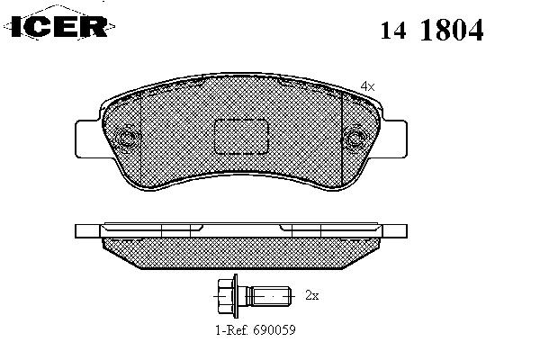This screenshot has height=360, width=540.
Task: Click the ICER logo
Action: (x=59, y=26)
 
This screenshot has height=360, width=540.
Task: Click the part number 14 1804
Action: (x=432, y=30)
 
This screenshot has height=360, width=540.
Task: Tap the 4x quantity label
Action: (x=367, y=86)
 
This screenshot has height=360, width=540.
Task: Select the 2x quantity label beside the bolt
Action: (x=312, y=295)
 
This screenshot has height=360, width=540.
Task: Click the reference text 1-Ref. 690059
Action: (x=256, y=330)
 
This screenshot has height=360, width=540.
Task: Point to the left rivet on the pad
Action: (x=128, y=139)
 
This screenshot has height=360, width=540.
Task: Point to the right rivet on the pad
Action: (x=354, y=139)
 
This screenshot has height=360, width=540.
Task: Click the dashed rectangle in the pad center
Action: (x=241, y=137)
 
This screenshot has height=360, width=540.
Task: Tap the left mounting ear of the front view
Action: (x=89, y=139)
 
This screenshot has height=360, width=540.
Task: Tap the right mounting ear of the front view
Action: (x=393, y=139)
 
